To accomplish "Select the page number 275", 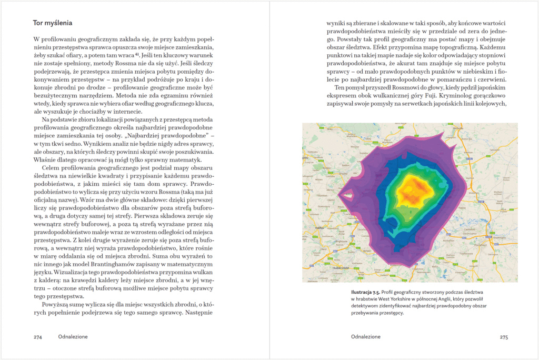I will [x=503, y=337].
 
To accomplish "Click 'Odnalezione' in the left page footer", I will [x=73, y=337].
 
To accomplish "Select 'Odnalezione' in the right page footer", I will [x=365, y=337].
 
